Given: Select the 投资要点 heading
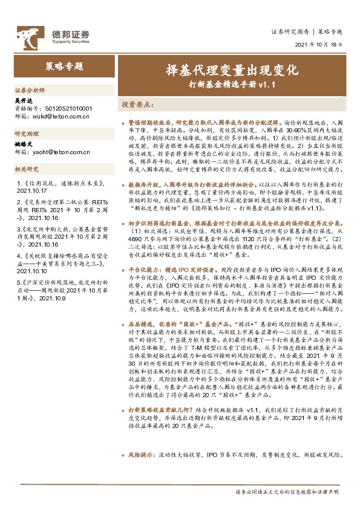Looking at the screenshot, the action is [137, 104].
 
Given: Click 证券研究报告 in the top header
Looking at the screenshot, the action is [290, 31].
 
